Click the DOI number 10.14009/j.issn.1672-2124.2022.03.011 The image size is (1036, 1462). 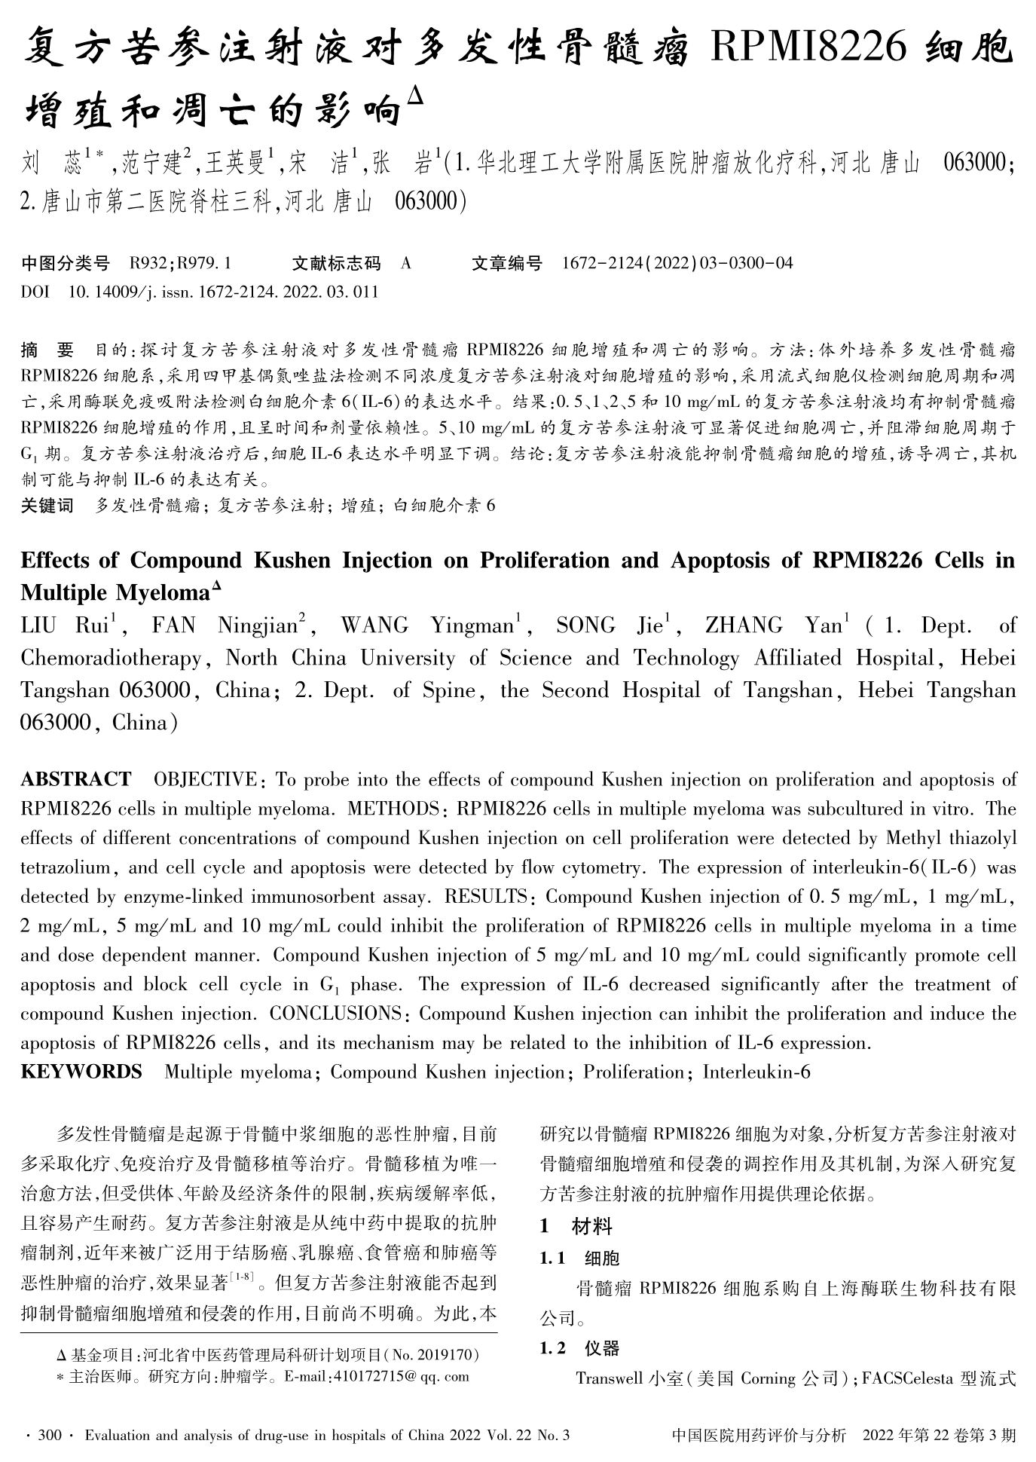[223, 292]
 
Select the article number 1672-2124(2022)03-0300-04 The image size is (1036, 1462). [677, 263]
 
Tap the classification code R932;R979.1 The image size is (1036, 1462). [180, 263]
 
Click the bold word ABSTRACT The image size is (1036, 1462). [75, 778]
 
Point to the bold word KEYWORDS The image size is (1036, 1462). [81, 1071]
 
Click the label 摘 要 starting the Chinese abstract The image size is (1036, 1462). [47, 350]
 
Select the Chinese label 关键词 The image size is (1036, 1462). [47, 505]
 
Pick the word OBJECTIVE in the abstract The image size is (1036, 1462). [205, 778]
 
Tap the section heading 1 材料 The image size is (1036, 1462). [576, 1226]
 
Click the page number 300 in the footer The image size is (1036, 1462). [49, 1436]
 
